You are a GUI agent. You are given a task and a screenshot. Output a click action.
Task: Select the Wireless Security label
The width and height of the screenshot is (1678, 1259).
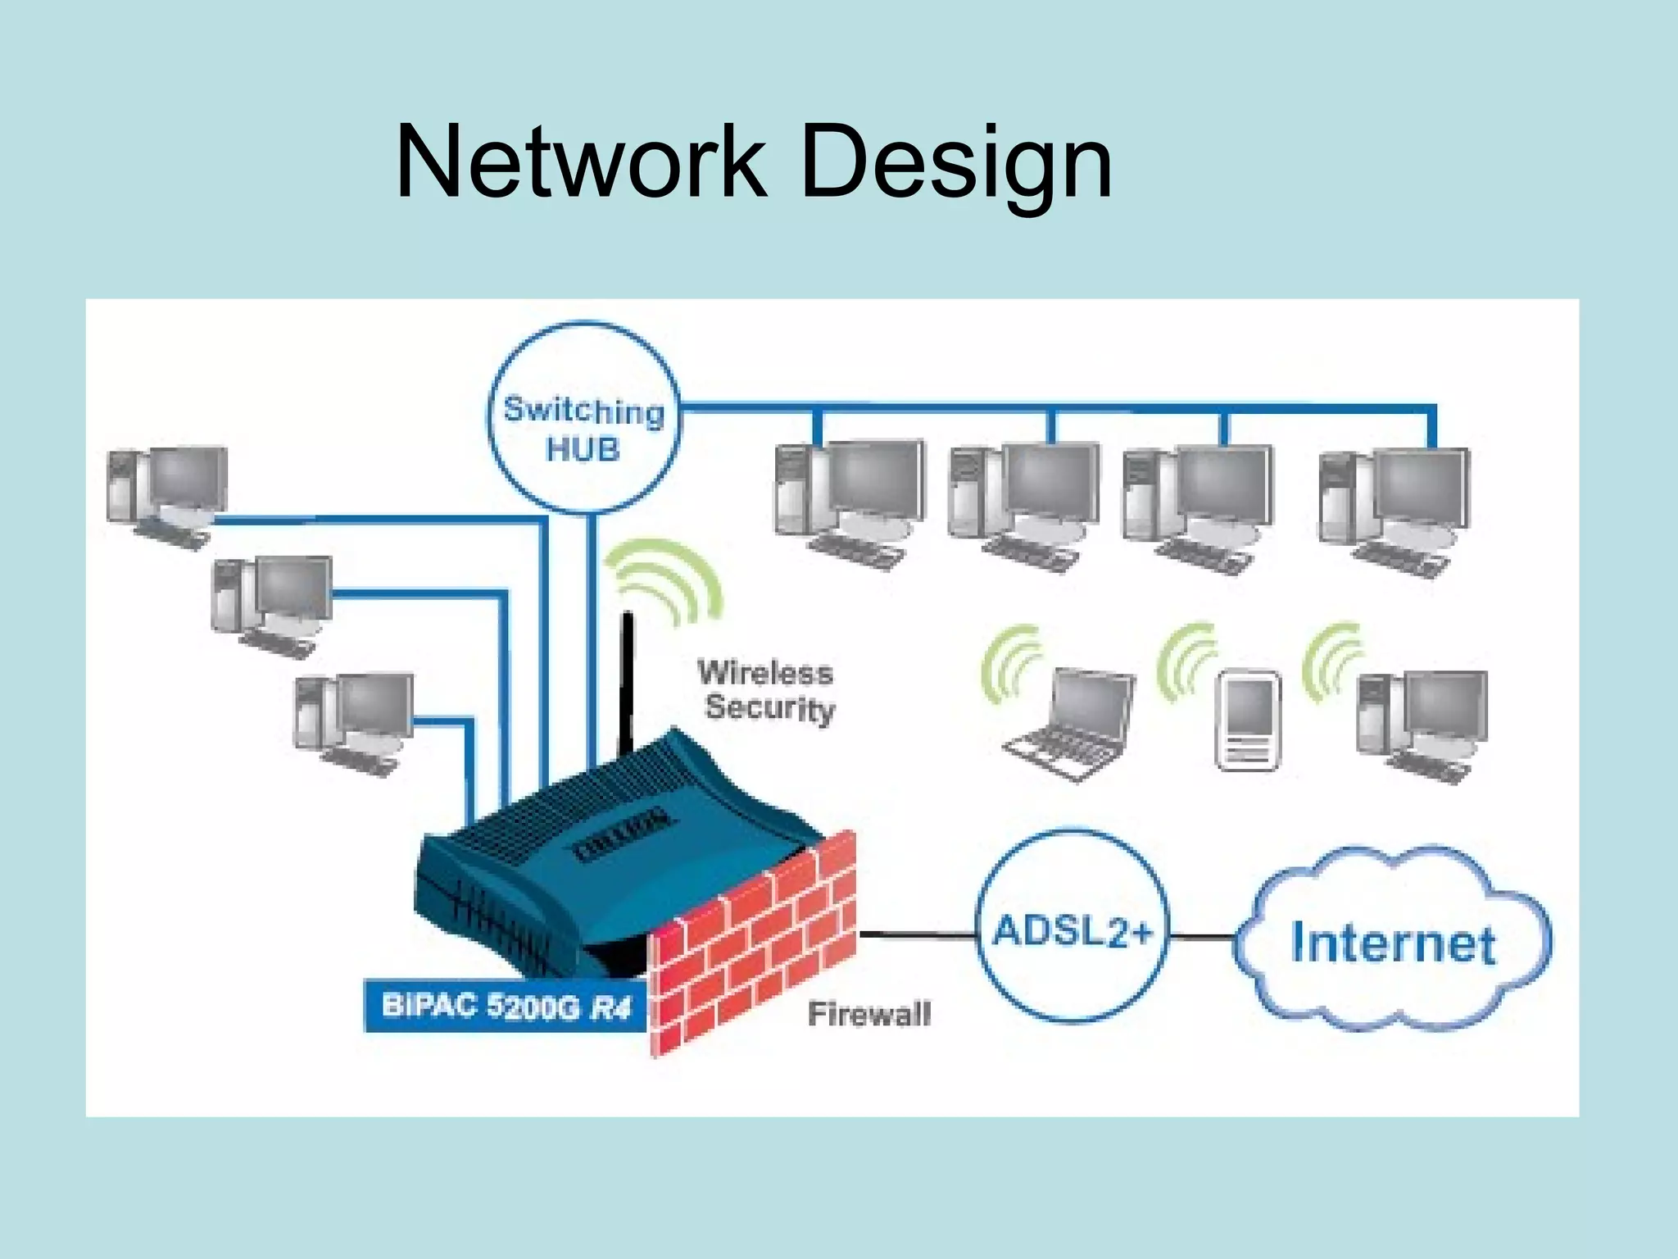pos(766,690)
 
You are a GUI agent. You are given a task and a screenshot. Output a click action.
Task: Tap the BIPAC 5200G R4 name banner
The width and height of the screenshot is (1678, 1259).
pos(506,1006)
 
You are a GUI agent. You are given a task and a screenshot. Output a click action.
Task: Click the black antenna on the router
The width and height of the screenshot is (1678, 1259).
pos(627,680)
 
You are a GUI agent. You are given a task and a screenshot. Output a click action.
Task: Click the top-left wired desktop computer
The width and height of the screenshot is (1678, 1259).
pos(168,492)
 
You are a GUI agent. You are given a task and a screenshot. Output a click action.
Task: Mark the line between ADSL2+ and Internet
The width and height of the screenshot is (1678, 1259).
pos(1203,937)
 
